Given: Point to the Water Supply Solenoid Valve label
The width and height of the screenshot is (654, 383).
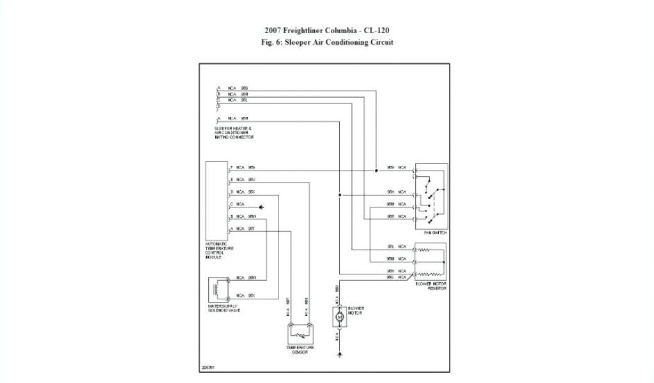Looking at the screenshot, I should click(224, 308).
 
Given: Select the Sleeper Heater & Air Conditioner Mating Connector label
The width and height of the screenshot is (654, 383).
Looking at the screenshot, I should click(234, 133).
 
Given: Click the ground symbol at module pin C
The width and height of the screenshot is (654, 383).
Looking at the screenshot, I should click(261, 207).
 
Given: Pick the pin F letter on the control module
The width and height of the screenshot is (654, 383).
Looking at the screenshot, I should click(231, 168).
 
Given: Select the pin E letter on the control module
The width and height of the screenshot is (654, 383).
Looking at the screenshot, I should click(231, 180).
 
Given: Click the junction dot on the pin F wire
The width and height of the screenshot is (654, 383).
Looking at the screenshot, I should click(376, 170).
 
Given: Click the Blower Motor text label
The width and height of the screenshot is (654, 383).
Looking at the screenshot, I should click(355, 310).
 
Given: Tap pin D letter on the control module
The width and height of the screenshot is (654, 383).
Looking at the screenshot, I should click(231, 192).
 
